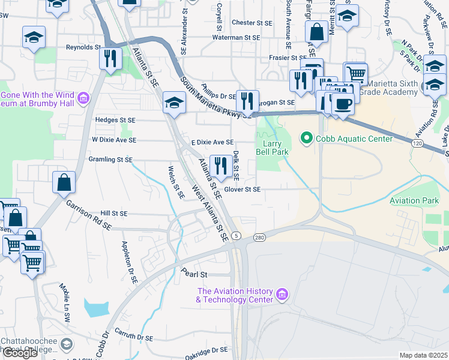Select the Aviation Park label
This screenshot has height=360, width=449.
[x=414, y=200]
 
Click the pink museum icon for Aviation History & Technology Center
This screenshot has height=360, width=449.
[x=282, y=296]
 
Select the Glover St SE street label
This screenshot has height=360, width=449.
[x=242, y=190]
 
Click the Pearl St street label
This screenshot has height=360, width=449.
[x=194, y=274]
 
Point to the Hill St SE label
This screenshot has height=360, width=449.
[x=114, y=213]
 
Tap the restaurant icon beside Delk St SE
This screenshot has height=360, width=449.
[x=221, y=166]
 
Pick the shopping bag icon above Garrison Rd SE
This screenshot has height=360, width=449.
[x=64, y=182]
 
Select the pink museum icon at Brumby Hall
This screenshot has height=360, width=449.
[x=83, y=97]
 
